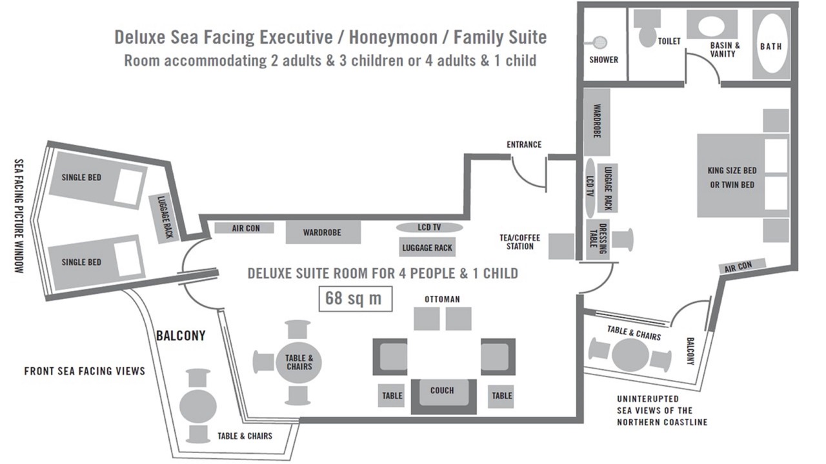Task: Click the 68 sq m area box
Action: coord(355,298)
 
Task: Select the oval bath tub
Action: coord(771,44)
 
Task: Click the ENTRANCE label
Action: coord(524,145)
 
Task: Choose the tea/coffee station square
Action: coord(561,246)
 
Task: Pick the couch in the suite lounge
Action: coord(443,396)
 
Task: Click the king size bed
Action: coord(743,176)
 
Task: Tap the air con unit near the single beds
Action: coord(244,228)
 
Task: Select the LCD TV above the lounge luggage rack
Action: coord(429,227)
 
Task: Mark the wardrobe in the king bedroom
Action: coord(597,122)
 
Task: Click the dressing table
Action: coord(598,239)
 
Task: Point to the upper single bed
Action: coord(97,181)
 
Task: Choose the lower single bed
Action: coord(96,262)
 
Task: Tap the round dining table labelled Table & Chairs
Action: coord(299,363)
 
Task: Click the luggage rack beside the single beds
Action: coord(164,218)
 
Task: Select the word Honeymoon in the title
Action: coord(393,37)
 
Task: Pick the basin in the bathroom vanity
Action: coord(712,24)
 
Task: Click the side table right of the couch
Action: coord(501,396)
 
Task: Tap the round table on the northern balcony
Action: coord(630,355)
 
